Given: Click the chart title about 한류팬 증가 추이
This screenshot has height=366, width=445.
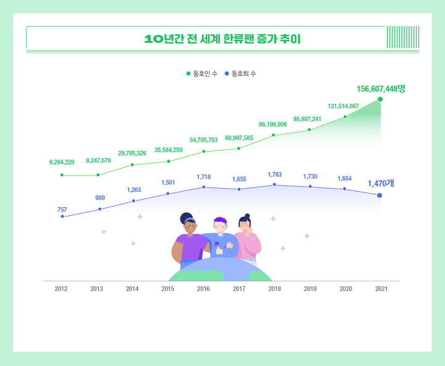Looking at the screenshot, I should (222, 38).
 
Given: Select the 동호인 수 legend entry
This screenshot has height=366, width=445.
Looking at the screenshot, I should (201, 74).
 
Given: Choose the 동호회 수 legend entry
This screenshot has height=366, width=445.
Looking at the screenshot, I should (240, 74).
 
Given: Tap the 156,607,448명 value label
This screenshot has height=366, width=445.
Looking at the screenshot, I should (380, 88).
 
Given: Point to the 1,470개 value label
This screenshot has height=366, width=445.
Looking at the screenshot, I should (381, 184).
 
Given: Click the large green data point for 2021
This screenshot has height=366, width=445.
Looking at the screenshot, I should (380, 99).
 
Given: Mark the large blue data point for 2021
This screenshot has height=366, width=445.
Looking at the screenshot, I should (379, 195).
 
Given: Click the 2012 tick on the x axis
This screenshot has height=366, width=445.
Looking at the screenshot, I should (61, 289).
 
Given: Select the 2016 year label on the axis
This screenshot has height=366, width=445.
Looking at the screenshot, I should (203, 289).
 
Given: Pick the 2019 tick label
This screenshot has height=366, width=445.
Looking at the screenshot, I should (310, 289).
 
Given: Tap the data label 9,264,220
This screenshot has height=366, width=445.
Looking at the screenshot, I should (62, 163).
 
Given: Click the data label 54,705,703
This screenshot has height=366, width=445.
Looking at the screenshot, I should (203, 140).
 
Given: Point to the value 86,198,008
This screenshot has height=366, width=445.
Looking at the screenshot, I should (273, 124).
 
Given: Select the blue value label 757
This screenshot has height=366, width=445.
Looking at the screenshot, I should (62, 210).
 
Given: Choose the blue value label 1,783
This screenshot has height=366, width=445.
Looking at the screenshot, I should (274, 175).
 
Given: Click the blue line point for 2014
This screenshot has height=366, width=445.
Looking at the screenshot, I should (133, 201).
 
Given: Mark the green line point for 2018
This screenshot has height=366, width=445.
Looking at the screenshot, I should (274, 135).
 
